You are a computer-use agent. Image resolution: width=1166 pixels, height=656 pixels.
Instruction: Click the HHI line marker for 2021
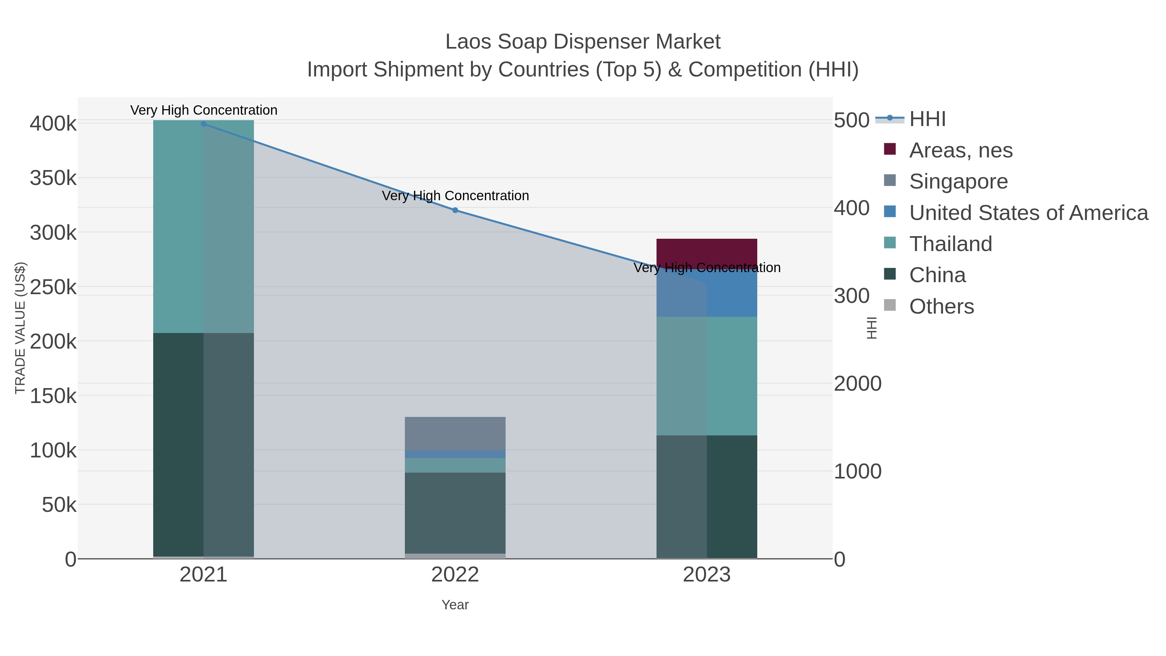pos(204,124)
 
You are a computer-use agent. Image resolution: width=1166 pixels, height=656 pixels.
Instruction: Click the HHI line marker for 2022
pos(455,210)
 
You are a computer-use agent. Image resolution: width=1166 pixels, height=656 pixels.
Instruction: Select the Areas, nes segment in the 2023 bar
pos(707,251)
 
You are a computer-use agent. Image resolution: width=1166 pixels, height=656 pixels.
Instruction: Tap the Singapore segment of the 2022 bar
pos(455,433)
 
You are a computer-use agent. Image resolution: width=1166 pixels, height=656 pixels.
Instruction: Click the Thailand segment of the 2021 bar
pos(204,226)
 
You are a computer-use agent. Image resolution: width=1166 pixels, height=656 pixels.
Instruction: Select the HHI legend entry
pos(927,119)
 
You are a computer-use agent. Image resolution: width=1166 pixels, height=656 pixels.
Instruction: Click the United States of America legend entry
pos(1028,213)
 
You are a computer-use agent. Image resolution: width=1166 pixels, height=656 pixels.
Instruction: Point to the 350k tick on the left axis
pos(53,178)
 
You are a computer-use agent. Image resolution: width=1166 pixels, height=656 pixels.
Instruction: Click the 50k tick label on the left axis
pos(59,505)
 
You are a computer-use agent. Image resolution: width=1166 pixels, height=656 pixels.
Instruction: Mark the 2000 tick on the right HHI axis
pos(857,384)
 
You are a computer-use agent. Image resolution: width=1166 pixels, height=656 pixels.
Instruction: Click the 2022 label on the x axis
pos(455,575)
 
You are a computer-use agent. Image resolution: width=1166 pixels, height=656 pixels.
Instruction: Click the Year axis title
pos(455,605)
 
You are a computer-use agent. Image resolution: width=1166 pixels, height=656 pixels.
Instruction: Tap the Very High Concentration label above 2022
pos(455,196)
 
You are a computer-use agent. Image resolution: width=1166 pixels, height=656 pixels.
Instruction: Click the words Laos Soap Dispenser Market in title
pos(583,42)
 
